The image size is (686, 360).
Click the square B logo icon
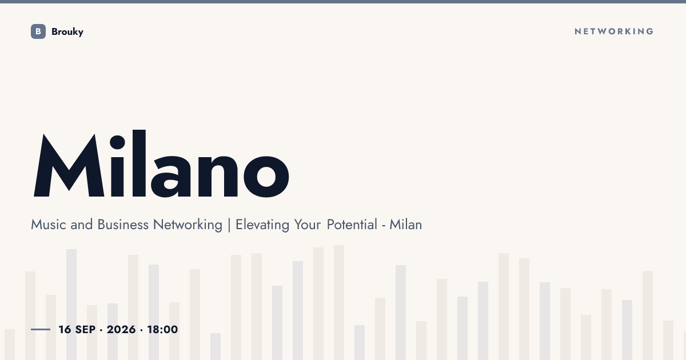tap(38, 31)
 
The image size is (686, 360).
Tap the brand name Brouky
tap(67, 32)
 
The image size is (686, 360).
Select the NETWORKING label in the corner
tap(614, 31)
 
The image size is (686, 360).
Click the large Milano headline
tap(161, 164)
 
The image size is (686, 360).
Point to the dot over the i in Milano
tap(117, 142)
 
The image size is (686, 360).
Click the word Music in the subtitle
tap(49, 225)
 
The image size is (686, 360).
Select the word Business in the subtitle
tap(123, 225)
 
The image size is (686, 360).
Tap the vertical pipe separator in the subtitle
tap(229, 225)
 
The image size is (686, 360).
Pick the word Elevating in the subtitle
tap(262, 225)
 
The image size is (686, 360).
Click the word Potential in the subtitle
tap(352, 225)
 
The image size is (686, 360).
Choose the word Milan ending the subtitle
tap(405, 225)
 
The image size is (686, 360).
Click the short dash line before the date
tap(41, 329)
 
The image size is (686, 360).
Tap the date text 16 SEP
tap(77, 329)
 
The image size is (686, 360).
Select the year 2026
tap(121, 329)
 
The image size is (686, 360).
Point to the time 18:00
tap(162, 329)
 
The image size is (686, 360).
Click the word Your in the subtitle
tap(308, 225)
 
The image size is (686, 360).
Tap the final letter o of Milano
tap(266, 177)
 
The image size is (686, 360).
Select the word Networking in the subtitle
tap(188, 225)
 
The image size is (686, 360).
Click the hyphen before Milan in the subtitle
tap(384, 226)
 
